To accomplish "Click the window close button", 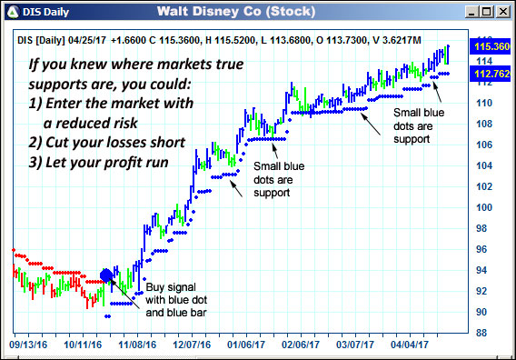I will tap(502, 11).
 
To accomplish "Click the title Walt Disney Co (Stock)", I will tap(235, 11).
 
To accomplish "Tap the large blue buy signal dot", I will tap(106, 275).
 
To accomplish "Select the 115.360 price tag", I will tap(487, 45).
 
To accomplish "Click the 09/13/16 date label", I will tap(27, 346).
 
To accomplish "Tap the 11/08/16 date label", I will tap(140, 346).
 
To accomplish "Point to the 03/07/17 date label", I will tap(357, 346).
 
